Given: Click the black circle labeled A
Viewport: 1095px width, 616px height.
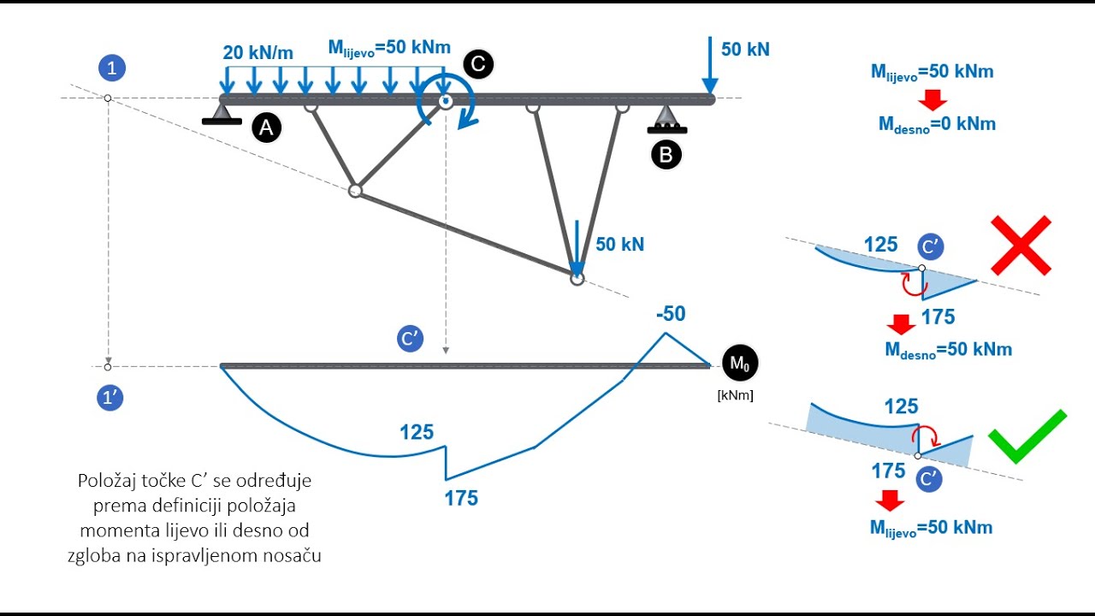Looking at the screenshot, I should point(266,129).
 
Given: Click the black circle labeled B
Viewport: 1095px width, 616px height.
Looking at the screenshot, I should point(666,155).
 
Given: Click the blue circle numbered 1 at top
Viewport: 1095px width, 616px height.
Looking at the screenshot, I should point(111,68).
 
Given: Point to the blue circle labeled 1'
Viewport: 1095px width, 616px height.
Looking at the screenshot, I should point(110,398).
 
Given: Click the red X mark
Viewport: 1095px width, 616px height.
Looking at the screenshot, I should point(1021,246).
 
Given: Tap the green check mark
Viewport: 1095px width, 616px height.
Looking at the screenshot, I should point(1027,435).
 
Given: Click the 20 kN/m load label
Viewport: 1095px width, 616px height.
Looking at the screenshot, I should point(257,52).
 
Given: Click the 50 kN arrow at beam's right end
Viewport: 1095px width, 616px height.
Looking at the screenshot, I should point(710,65).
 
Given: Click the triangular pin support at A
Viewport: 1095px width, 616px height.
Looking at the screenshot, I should point(222,112).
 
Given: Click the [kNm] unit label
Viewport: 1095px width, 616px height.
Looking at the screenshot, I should point(735,395).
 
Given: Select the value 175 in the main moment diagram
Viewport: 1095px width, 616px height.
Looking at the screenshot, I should point(461,498).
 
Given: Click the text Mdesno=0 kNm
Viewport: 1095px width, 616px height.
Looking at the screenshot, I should point(937,124).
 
